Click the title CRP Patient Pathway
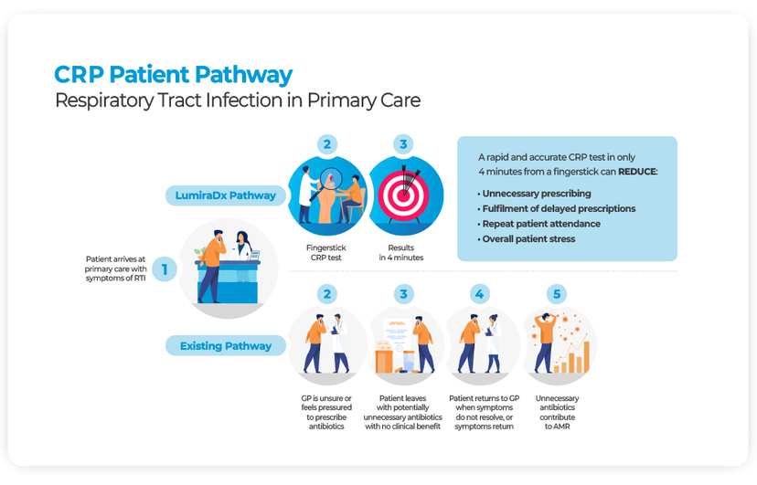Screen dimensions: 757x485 (174, 75)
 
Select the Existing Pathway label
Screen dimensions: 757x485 (225, 346)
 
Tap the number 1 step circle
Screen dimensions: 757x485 (165, 269)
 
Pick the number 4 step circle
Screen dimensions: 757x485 (480, 294)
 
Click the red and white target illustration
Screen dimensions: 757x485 (404, 194)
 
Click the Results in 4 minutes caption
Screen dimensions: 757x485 (402, 252)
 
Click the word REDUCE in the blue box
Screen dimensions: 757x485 (636, 171)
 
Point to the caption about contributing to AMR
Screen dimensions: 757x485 (557, 412)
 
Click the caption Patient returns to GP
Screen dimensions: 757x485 (484, 412)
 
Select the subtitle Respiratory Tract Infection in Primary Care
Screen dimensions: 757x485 (238, 100)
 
